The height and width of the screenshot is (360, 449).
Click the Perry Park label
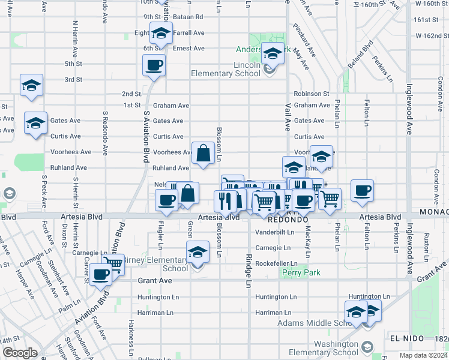click(x=301, y=273)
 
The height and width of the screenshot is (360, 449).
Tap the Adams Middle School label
click(x=318, y=323)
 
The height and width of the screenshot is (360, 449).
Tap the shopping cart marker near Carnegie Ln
click(x=113, y=263)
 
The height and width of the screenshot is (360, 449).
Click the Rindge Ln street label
click(x=248, y=271)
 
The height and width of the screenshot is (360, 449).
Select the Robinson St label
click(x=311, y=94)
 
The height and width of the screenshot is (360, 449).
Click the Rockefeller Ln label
click(x=276, y=263)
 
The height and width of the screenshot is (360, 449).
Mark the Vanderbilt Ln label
click(x=273, y=232)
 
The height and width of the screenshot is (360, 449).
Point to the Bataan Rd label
click(x=189, y=17)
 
